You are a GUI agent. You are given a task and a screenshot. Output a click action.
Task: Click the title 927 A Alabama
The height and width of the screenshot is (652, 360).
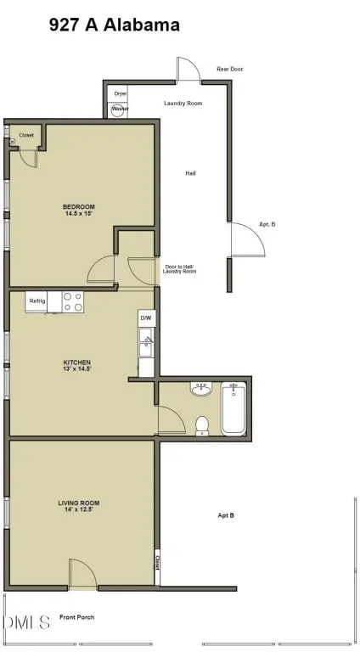(x=115, y=25)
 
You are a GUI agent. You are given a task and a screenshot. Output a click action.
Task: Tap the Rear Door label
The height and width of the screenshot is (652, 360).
(x=229, y=69)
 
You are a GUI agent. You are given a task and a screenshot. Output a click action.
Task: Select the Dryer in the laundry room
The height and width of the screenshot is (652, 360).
(x=120, y=94)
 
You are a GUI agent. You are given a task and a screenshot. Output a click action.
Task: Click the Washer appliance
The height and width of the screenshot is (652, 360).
(x=120, y=110)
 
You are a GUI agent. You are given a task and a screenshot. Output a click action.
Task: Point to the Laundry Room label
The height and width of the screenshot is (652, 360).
(x=183, y=103)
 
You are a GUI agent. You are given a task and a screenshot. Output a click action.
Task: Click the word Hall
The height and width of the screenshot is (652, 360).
(x=191, y=173)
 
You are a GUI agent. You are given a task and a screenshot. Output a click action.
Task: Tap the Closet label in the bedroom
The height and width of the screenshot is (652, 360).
(x=26, y=134)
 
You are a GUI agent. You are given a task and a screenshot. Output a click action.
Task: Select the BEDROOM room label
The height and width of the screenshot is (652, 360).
(x=78, y=206)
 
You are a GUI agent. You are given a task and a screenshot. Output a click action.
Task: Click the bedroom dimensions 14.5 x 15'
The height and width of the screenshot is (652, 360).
(x=78, y=214)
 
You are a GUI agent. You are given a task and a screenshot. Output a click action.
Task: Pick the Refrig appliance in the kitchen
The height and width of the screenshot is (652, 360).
(x=37, y=301)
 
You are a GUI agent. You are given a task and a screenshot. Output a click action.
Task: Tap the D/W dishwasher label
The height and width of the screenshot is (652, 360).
(x=145, y=318)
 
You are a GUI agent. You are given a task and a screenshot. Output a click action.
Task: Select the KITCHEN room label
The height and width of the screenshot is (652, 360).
(x=77, y=361)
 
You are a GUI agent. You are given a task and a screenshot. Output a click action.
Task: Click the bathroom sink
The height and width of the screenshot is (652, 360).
(x=200, y=389)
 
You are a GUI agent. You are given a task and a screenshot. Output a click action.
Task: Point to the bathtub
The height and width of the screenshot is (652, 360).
(x=233, y=408)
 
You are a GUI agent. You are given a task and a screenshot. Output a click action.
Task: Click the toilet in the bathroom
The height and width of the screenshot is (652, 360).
(x=201, y=424)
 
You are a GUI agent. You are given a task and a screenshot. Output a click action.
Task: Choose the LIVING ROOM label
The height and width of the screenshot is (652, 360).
(x=80, y=503)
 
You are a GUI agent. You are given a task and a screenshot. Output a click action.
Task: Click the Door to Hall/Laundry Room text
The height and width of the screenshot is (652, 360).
(x=180, y=269)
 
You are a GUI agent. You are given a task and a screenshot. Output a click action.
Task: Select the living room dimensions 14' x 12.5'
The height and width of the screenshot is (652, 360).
(x=80, y=510)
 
